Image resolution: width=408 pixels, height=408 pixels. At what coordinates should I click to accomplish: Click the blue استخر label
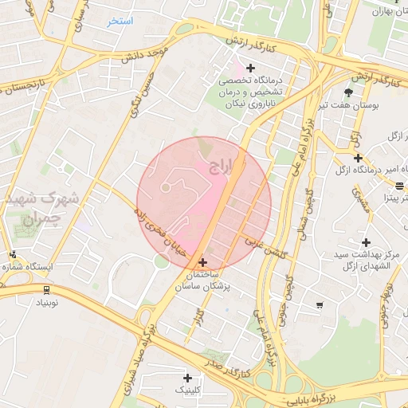pos(120,21)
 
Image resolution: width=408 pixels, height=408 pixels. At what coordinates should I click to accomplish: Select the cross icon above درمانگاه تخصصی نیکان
pos(250,69)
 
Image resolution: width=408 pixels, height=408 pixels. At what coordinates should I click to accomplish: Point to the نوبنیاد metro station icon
pos(46,290)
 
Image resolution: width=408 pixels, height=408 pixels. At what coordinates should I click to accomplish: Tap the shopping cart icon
pos(320,304)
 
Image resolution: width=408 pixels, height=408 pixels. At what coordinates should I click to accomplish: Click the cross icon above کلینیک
pos(187,378)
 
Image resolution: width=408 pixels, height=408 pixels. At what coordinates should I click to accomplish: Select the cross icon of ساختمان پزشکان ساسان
pos(202,262)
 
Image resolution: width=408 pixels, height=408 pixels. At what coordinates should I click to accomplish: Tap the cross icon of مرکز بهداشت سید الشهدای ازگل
pos(366,242)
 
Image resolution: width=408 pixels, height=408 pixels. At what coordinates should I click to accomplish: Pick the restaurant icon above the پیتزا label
pos(399,185)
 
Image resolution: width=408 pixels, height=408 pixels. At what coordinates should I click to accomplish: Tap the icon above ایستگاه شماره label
pos(12,255)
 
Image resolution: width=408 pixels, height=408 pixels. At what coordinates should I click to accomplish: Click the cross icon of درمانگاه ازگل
pos(359,158)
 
